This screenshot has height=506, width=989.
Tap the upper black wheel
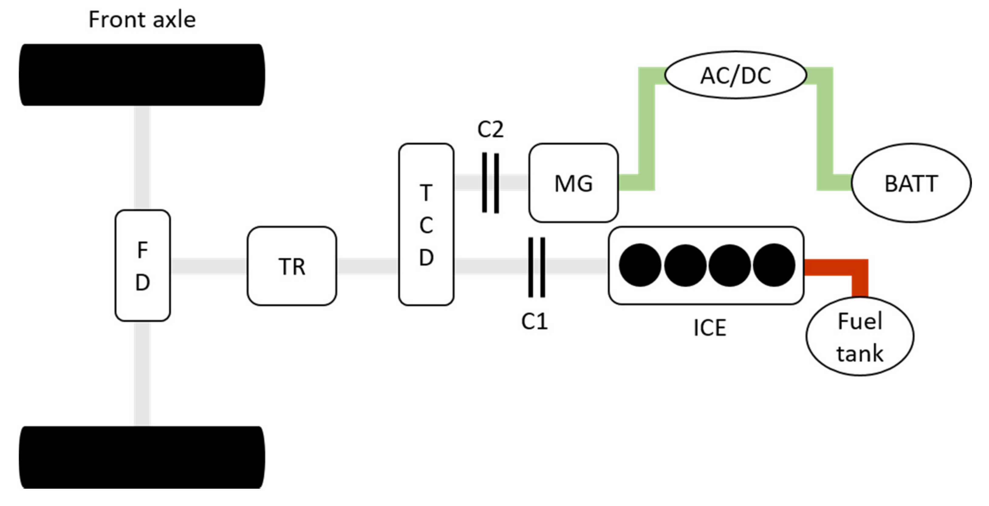pyautogui.click(x=142, y=75)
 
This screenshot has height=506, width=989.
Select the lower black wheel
pyautogui.click(x=142, y=457)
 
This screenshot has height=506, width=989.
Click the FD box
pyautogui.click(x=142, y=266)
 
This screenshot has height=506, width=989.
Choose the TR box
pyautogui.click(x=292, y=266)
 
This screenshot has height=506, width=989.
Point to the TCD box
pyautogui.click(x=426, y=224)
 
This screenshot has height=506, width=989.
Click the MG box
pyautogui.click(x=573, y=183)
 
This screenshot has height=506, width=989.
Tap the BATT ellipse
pyautogui.click(x=911, y=183)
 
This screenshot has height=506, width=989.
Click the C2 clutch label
pyautogui.click(x=490, y=129)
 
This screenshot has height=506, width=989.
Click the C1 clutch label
pyautogui.click(x=534, y=321)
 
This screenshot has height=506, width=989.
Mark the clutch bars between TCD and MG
pyautogui.click(x=490, y=183)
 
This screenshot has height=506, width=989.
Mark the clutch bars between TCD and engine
pyautogui.click(x=536, y=267)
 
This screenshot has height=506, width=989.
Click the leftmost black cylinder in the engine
pyautogui.click(x=640, y=265)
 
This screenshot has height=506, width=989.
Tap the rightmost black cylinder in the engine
pyautogui.click(x=774, y=265)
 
